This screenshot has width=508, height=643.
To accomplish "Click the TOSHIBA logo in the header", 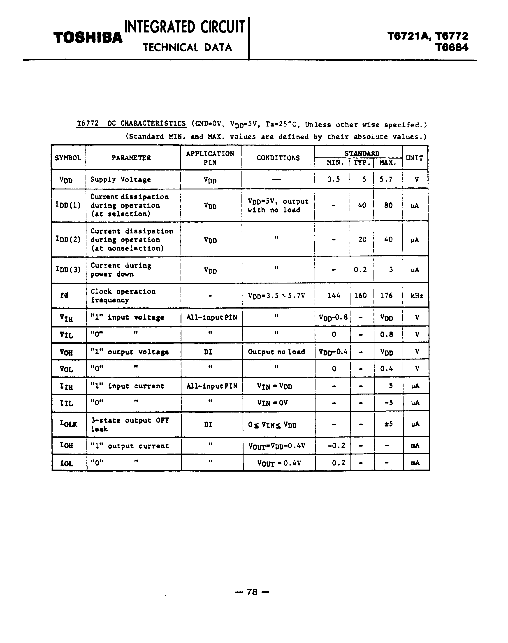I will (x=88, y=38).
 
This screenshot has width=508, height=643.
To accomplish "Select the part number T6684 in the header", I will (x=452, y=48).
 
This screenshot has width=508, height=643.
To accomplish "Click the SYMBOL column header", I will (x=68, y=158).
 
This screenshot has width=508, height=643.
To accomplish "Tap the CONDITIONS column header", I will (x=278, y=158).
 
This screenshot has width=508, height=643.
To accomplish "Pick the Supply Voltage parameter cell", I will (x=121, y=180).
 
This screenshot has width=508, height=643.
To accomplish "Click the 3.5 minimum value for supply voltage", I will (x=333, y=179).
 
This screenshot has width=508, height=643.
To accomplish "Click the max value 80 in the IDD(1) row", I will (x=388, y=205).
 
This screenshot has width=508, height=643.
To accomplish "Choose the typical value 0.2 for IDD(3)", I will (x=360, y=270).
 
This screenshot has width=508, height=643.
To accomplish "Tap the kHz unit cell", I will (x=417, y=295).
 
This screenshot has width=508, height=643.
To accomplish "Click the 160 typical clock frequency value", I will (x=360, y=295).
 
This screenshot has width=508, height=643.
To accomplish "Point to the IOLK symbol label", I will (x=68, y=424).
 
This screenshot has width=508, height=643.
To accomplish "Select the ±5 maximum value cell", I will (x=388, y=424).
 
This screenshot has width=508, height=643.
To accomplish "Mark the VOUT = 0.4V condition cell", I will (x=279, y=463).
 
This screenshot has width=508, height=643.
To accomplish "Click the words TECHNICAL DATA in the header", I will (x=187, y=48).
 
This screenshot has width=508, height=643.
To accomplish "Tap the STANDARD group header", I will (x=362, y=153).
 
